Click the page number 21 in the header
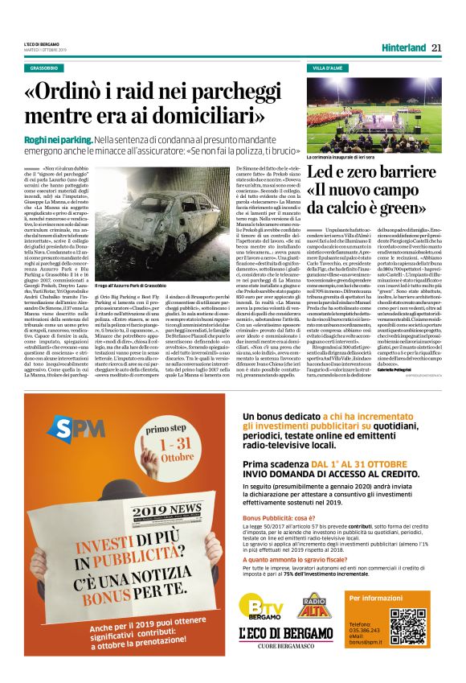(436, 47)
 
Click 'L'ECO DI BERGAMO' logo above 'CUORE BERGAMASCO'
(287, 636)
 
